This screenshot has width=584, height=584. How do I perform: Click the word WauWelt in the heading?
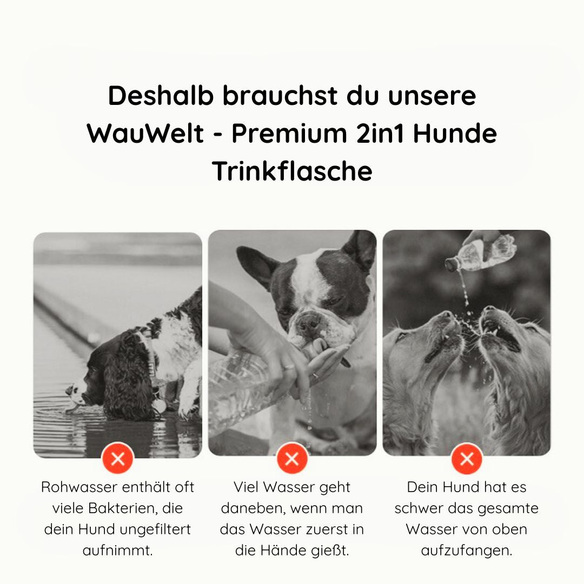tap(145, 134)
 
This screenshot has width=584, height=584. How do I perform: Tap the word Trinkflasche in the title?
tap(292, 171)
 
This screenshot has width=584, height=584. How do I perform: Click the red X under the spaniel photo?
tap(117, 459)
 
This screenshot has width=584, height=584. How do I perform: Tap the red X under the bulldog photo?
tap(292, 459)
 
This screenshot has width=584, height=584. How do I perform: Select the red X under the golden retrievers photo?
tap(467, 459)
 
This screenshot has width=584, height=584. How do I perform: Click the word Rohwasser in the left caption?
tap(79, 487)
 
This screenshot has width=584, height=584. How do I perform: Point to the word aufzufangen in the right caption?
tap(466, 550)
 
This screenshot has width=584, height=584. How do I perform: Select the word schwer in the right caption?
tap(421, 508)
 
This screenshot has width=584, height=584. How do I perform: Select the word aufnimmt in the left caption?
tap(117, 550)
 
